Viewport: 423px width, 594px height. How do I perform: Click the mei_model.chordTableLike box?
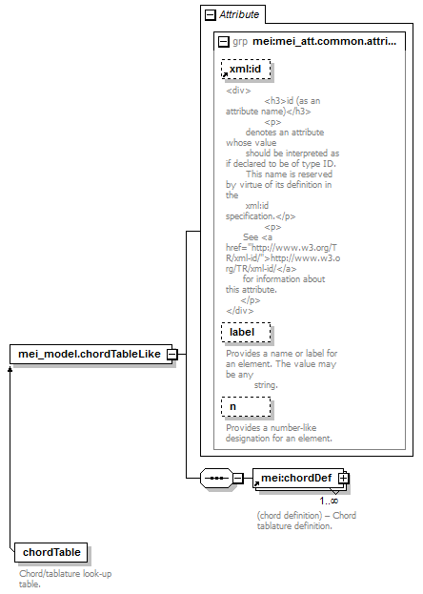(x=91, y=354)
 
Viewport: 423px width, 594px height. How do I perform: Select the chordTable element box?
(x=51, y=552)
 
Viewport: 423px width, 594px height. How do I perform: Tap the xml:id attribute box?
(x=246, y=69)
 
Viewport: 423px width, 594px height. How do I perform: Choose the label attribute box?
(x=246, y=332)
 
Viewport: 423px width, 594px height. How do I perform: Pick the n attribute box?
(x=246, y=407)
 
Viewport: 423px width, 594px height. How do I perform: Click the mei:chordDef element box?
(x=298, y=478)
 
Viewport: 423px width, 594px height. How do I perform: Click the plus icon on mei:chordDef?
(x=344, y=478)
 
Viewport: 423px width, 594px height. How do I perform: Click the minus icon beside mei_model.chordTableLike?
(x=172, y=354)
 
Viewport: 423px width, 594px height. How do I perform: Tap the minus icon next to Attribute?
(x=211, y=14)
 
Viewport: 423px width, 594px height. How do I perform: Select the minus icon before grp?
(x=224, y=42)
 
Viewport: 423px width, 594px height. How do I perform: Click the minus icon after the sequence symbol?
(x=238, y=478)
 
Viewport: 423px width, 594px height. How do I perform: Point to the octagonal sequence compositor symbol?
(x=216, y=478)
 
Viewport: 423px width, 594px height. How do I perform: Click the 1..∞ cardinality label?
(x=329, y=501)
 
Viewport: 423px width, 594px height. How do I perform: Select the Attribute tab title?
(x=239, y=14)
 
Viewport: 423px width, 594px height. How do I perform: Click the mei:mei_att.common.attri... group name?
(x=325, y=41)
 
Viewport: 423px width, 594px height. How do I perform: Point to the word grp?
(x=240, y=42)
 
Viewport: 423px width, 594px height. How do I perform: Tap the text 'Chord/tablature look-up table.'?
(x=66, y=579)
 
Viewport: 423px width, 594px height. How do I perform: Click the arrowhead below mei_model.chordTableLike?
(x=10, y=369)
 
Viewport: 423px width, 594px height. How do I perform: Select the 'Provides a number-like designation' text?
(x=279, y=433)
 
